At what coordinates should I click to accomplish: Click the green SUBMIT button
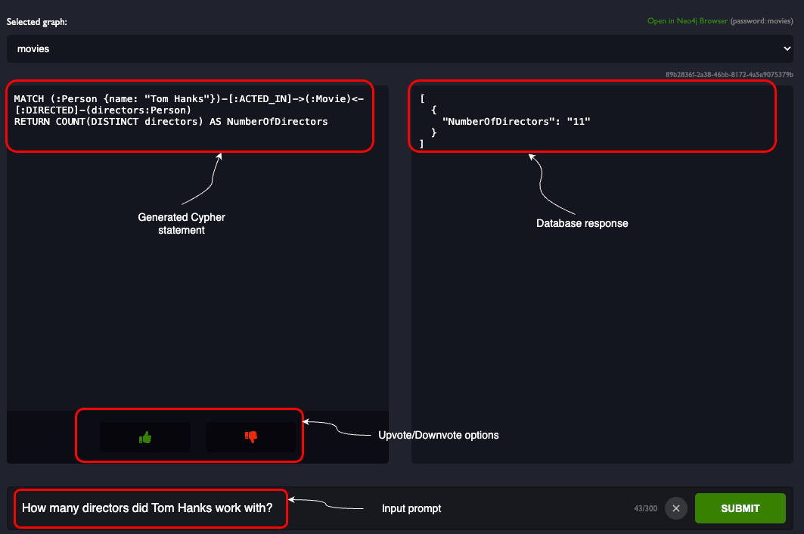pyautogui.click(x=740, y=508)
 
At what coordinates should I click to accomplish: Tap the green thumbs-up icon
pyautogui.click(x=145, y=437)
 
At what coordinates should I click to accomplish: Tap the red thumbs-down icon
pyautogui.click(x=251, y=436)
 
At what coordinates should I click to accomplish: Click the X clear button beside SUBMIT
pyautogui.click(x=676, y=508)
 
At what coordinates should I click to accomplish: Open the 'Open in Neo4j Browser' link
pyautogui.click(x=687, y=21)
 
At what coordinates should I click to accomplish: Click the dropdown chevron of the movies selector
pyautogui.click(x=787, y=48)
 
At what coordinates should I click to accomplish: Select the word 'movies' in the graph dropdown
pyautogui.click(x=33, y=48)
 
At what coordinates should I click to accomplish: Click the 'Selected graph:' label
pyautogui.click(x=36, y=21)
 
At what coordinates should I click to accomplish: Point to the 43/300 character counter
pyautogui.click(x=646, y=508)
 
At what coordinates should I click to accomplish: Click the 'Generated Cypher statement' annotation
pyautogui.click(x=182, y=224)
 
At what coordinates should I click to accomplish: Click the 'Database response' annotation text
pyautogui.click(x=582, y=223)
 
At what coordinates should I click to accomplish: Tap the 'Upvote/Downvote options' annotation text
pyautogui.click(x=439, y=435)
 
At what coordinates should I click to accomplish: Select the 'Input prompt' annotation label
pyautogui.click(x=411, y=508)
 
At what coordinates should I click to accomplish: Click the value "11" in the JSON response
pyautogui.click(x=579, y=122)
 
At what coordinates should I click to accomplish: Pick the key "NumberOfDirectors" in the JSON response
pyautogui.click(x=498, y=122)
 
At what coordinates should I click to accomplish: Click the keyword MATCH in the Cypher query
pyautogui.click(x=29, y=99)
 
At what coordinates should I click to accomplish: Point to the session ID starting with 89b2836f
pyautogui.click(x=729, y=74)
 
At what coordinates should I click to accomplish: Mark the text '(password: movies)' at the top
pyautogui.click(x=762, y=21)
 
